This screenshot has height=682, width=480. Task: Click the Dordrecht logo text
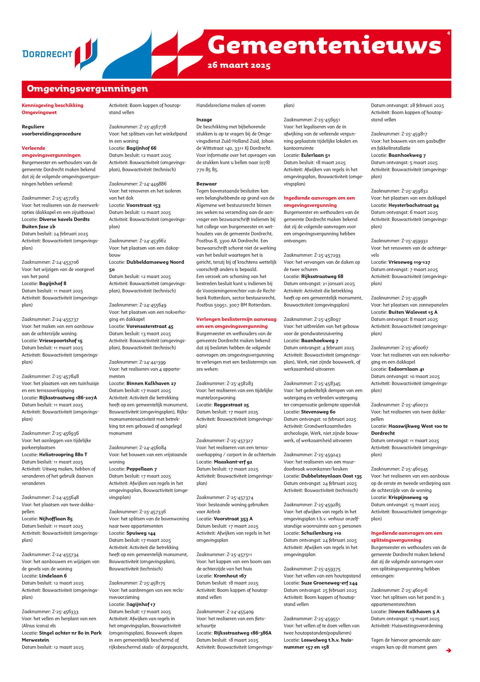pyautogui.click(x=47, y=54)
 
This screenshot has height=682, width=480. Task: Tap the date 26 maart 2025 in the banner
pyautogui.click(x=239, y=65)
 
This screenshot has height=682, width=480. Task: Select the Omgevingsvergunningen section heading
pyautogui.click(x=87, y=89)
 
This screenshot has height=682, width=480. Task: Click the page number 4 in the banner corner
pyautogui.click(x=448, y=33)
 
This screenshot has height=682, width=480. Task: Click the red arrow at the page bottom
pyautogui.click(x=448, y=651)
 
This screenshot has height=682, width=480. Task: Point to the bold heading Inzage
pyautogui.click(x=204, y=120)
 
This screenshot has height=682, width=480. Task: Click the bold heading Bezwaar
pyautogui.click(x=206, y=184)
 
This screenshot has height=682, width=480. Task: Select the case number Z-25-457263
pyautogui.click(x=65, y=198)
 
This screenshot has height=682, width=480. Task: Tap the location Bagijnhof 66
pyautogui.click(x=141, y=148)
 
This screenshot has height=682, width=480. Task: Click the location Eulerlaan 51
pyautogui.click(x=315, y=155)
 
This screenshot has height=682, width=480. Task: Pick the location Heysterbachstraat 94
pyautogui.click(x=413, y=205)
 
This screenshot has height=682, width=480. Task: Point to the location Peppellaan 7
pyautogui.click(x=142, y=469)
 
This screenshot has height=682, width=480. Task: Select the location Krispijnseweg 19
pyautogui.click(x=408, y=498)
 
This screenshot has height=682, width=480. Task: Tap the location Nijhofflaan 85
pyautogui.click(x=56, y=519)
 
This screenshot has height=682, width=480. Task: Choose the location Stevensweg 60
pyautogui.click(x=318, y=412)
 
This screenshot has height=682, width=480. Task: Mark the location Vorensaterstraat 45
pyautogui.click(x=150, y=326)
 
